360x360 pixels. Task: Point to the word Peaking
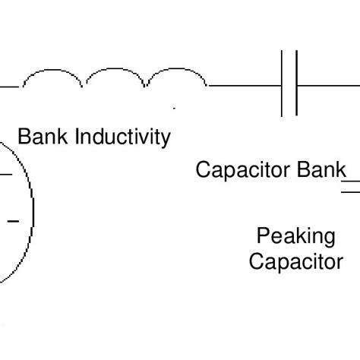(295, 236)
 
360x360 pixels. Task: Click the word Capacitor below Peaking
(295, 262)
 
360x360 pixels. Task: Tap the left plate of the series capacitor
(283, 84)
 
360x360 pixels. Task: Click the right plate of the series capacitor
(296, 84)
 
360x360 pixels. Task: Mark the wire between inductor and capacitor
(243, 87)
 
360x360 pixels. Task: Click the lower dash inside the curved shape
(13, 221)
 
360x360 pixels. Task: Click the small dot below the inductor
(174, 109)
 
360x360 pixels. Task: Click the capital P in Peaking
(262, 236)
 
